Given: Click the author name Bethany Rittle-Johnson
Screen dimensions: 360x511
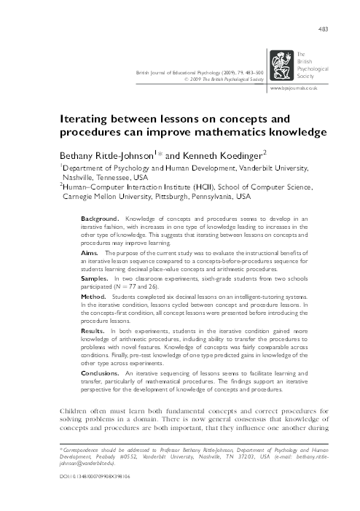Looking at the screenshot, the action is (106, 155).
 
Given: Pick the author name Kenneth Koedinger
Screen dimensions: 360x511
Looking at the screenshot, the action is (227, 155).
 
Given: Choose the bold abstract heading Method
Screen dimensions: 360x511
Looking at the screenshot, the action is (93, 297).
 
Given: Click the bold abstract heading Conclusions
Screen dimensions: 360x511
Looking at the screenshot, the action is (101, 373).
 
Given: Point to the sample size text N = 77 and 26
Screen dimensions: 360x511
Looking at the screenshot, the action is (149, 288).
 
